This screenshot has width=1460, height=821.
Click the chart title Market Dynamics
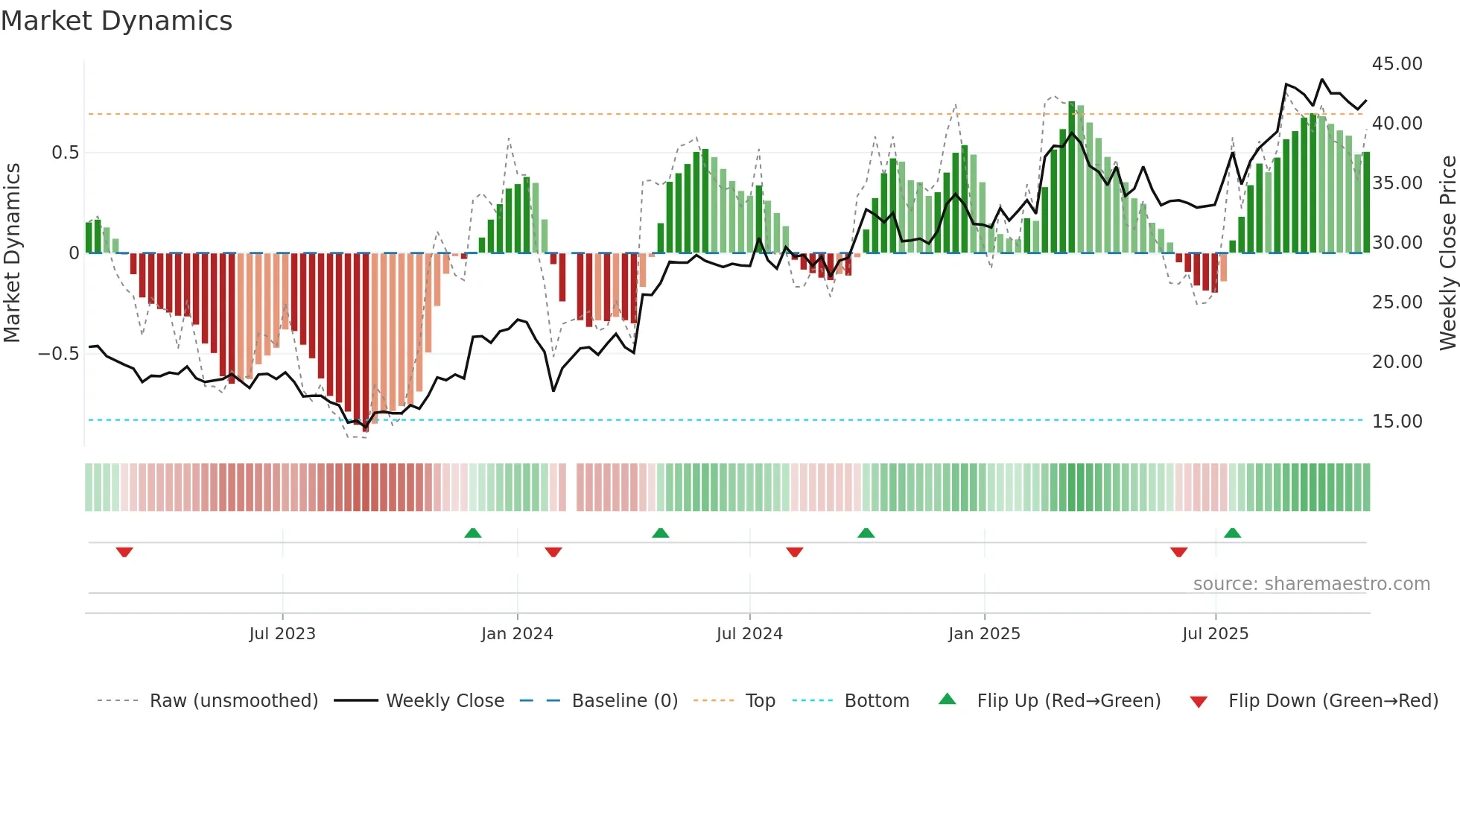117,21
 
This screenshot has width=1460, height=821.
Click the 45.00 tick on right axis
1397,64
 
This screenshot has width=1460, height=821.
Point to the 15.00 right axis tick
1397,422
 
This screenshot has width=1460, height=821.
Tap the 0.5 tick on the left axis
65,153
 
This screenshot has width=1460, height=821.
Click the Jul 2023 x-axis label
282,634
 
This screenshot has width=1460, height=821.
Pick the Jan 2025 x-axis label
984,634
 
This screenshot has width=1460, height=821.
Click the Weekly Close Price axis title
1447,253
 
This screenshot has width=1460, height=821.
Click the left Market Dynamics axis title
12,253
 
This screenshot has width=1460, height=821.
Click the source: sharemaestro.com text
1311,584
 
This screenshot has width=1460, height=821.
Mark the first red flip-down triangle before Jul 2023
124,552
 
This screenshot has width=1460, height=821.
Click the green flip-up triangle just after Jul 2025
1232,533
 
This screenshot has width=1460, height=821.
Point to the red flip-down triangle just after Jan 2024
553,552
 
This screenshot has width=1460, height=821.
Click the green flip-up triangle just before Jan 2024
472,533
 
